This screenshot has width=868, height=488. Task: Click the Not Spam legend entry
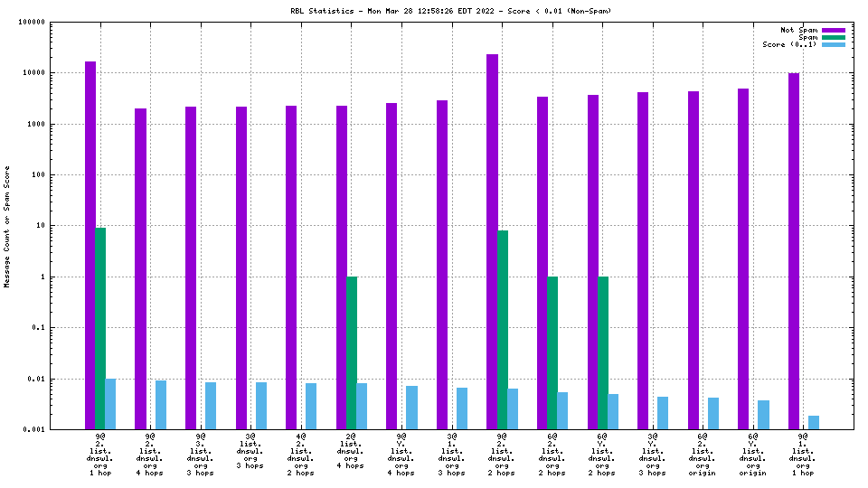tap(799, 30)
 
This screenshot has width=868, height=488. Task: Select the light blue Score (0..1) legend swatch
tap(834, 44)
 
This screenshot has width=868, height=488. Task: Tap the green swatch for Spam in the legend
tap(834, 37)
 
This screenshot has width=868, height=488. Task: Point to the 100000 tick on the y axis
tap(57, 22)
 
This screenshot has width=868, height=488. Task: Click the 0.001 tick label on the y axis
tap(59, 429)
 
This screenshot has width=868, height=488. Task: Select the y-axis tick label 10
tap(65, 226)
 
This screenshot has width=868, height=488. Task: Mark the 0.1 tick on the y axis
tap(62, 328)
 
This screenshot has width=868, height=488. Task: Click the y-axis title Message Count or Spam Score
tap(7, 226)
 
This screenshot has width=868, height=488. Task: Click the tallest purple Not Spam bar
tap(492, 241)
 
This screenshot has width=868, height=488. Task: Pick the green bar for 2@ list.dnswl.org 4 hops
tap(352, 352)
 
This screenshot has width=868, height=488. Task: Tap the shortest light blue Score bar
tap(814, 422)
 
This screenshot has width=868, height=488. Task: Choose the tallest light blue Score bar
tap(110, 404)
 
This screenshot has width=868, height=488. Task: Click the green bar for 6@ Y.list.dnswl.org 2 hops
tap(603, 352)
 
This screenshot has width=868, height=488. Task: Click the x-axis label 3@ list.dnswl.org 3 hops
tap(250, 454)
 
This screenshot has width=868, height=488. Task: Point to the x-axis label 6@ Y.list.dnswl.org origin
tap(752, 454)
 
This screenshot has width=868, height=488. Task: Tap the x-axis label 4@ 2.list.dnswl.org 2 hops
tap(301, 454)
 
